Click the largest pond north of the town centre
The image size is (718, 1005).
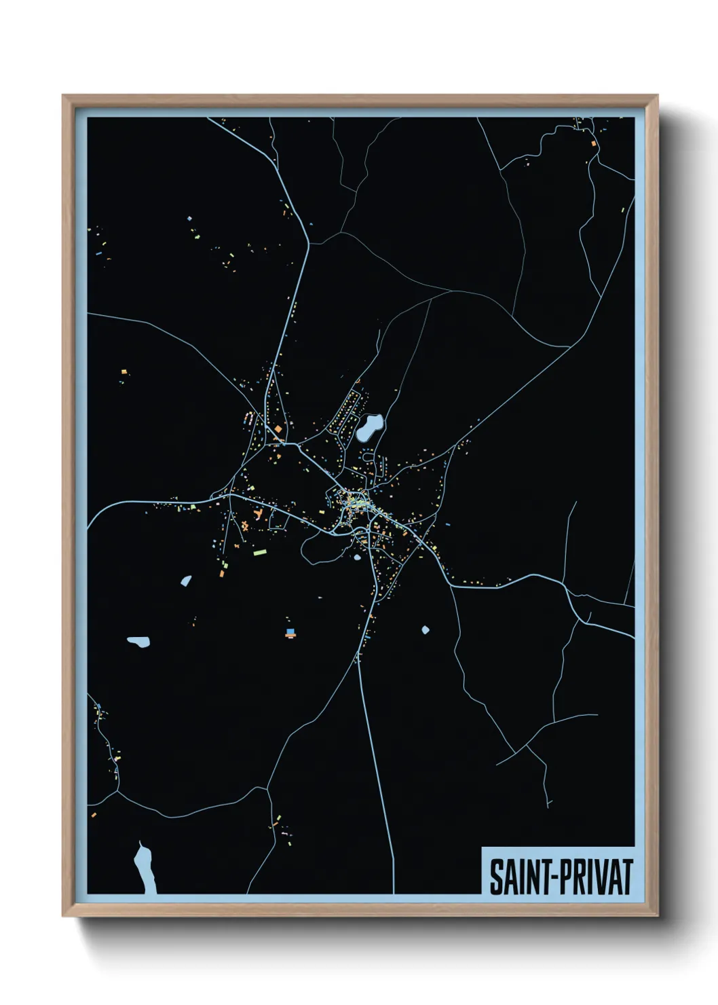pos(370,428)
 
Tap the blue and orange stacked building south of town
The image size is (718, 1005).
pos(290,633)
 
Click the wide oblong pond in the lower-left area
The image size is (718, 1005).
pos(138,641)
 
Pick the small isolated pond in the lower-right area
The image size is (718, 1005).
pos(426,630)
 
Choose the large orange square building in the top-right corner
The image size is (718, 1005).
pos(593,144)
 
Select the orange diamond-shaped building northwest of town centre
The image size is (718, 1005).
pos(278,429)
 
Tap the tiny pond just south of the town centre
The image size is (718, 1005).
pos(358,558)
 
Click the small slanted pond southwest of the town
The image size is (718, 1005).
pos(186,581)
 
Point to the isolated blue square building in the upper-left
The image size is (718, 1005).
pos(189,219)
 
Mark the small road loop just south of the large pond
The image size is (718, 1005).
pos(368,457)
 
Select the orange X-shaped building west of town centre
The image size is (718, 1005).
pos(244,525)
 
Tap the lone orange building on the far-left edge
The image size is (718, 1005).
pos(124,371)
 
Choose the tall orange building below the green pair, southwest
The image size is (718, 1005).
pos(221,574)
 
